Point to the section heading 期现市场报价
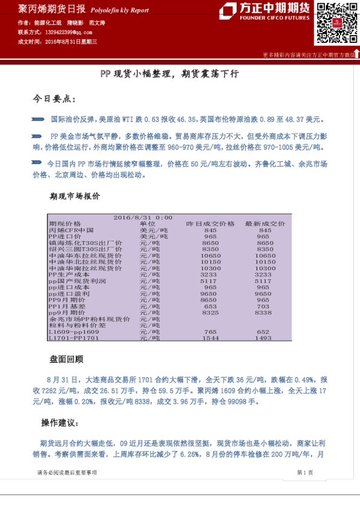coord(75,196)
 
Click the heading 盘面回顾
coord(67,359)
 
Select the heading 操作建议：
coord(59,422)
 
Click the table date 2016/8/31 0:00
coord(143,218)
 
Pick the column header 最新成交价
coord(264,224)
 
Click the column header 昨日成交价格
coord(210,224)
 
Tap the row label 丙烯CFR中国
coord(71,230)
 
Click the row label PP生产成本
coord(69,274)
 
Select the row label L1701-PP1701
coord(73,338)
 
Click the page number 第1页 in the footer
coord(304,472)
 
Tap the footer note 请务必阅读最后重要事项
coord(67,472)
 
